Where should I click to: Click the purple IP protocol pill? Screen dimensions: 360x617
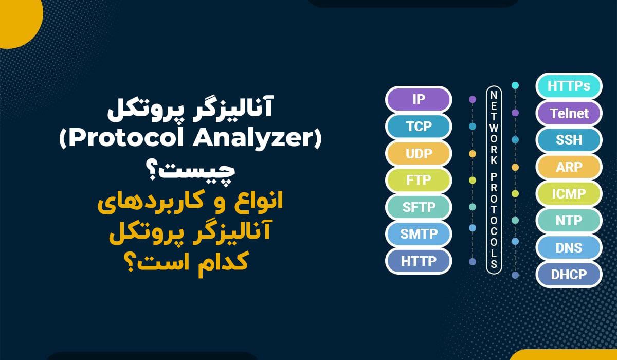(x=418, y=99)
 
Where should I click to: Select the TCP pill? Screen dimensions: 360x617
(x=418, y=126)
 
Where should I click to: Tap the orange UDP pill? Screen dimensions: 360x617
(x=418, y=153)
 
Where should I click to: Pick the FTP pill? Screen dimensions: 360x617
(x=418, y=181)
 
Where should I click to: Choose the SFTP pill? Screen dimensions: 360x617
(x=418, y=207)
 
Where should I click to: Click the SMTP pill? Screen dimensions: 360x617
(x=418, y=234)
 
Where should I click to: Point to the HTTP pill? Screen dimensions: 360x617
(x=418, y=261)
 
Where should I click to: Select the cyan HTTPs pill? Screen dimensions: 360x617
(x=568, y=86)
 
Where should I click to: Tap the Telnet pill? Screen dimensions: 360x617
(x=568, y=113)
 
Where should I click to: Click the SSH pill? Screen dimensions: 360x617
(x=568, y=140)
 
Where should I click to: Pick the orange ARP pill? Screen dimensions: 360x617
(x=568, y=167)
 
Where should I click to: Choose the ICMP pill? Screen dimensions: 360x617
(x=568, y=194)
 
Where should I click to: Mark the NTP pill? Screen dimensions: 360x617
(x=568, y=221)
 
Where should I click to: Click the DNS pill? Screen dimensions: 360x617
(x=568, y=248)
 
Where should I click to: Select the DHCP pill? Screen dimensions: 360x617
(x=568, y=275)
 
